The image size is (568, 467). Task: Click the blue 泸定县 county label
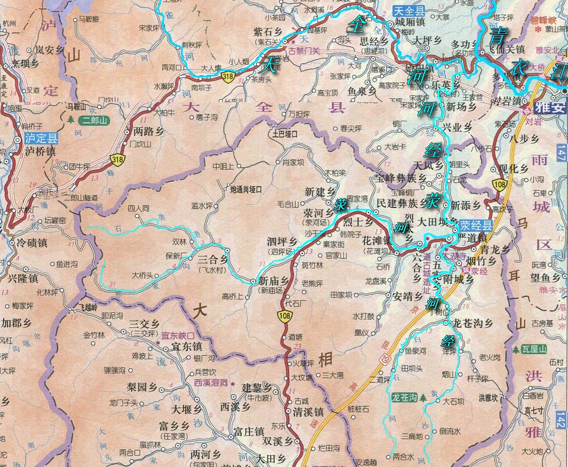pos(41,139)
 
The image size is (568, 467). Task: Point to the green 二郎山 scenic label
pos(94,121)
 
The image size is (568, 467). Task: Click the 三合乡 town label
pos(211,261)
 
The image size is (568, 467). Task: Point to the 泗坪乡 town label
pos(282,242)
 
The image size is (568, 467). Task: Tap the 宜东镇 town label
pos(187,346)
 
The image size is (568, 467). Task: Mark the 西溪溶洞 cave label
pos(210,382)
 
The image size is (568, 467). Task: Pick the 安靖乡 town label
pos(407,296)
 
